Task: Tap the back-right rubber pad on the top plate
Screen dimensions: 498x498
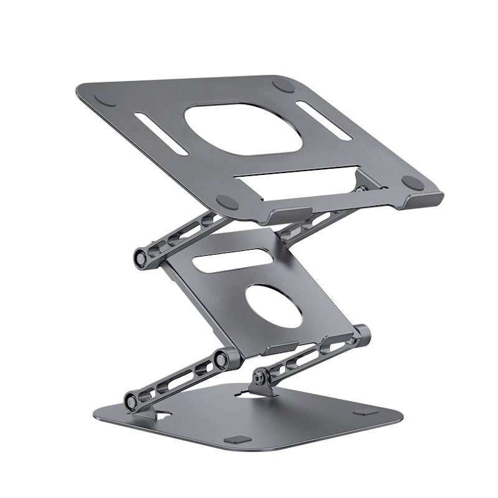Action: tap(284, 86)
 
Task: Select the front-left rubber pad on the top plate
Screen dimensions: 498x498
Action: tap(227, 202)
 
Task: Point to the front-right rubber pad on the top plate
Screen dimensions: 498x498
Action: tap(412, 182)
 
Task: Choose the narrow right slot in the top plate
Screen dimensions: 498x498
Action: tap(324, 120)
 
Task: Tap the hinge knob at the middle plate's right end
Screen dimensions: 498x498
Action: tap(362, 335)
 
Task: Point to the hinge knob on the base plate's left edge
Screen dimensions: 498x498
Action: tap(132, 400)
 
